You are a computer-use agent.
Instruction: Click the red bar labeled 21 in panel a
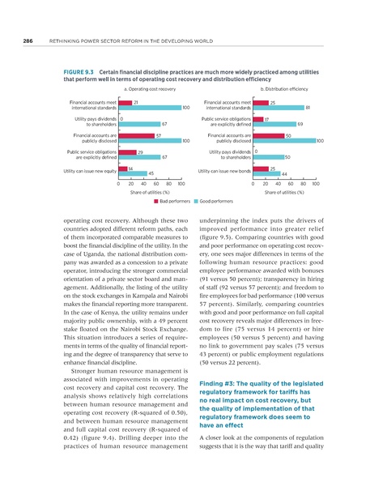click(125, 103)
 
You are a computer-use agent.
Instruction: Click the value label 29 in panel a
click(141, 151)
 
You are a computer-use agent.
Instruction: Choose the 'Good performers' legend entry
click(216, 198)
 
